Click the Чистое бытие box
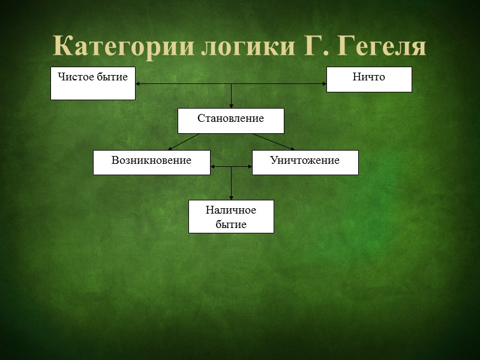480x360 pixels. (93, 83)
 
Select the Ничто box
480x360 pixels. (369, 79)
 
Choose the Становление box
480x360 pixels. (231, 120)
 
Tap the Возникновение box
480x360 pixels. (152, 162)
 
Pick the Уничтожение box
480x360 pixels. (305, 162)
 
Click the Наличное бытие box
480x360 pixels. (231, 217)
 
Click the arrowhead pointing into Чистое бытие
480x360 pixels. (139, 83)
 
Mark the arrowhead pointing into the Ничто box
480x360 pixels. (323, 83)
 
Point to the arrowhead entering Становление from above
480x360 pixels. (232, 105)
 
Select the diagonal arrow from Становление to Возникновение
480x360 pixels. (184, 142)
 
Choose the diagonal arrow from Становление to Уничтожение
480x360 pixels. (273, 142)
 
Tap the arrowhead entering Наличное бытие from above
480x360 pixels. (232, 197)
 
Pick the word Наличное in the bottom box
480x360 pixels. (231, 210)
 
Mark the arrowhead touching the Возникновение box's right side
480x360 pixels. (214, 167)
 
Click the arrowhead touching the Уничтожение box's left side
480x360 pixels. (249, 167)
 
